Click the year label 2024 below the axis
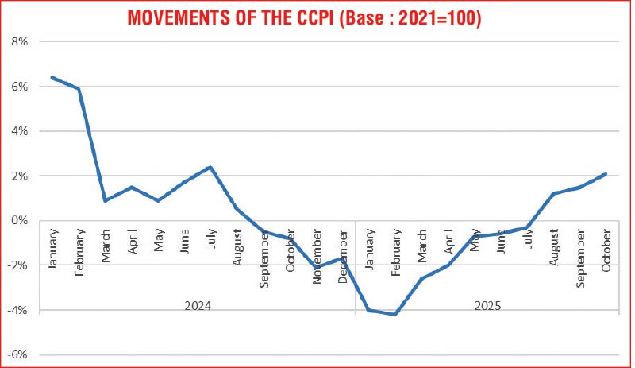(197, 304)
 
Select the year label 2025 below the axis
(488, 304)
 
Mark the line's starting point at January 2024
(52, 77)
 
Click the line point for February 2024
(79, 89)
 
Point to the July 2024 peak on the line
(210, 167)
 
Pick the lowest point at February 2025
(395, 315)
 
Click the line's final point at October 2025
(606, 174)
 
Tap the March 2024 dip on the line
(105, 200)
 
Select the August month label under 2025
(554, 250)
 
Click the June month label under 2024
(184, 247)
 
